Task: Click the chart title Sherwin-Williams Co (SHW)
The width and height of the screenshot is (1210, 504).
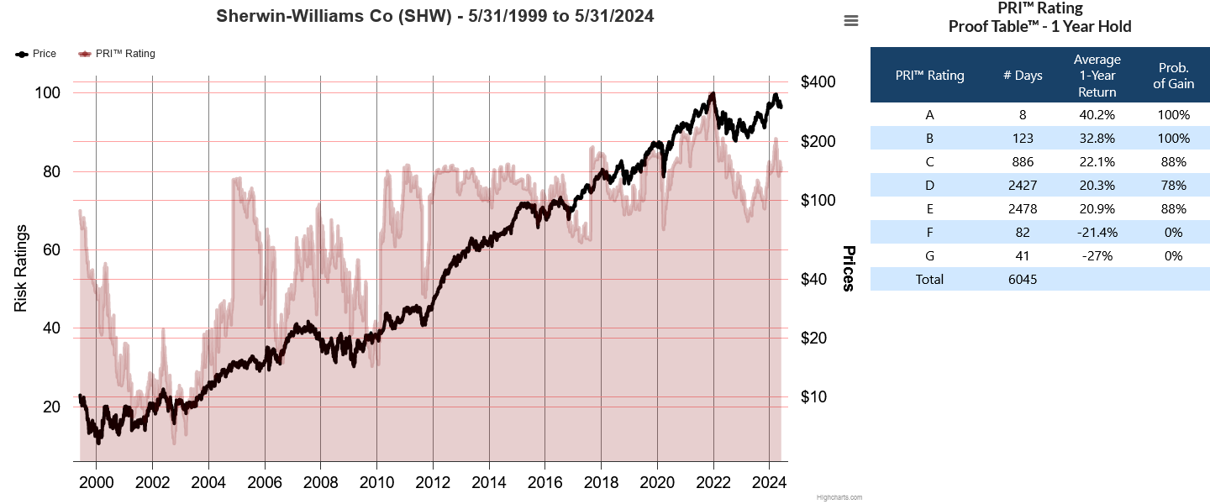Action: [x=434, y=16]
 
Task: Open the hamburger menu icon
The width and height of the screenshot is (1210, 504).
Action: [x=851, y=21]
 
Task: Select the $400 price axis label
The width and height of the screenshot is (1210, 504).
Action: [x=818, y=82]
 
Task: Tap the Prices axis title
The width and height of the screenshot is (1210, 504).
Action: [x=849, y=269]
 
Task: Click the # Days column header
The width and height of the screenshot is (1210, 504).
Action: [x=1023, y=76]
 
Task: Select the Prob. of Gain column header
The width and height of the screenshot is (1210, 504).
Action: [x=1174, y=76]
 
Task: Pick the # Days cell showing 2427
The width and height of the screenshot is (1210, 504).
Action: [x=1023, y=185]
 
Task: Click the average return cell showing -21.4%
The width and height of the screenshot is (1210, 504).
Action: [x=1097, y=232]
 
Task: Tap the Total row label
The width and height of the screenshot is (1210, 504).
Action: [x=929, y=279]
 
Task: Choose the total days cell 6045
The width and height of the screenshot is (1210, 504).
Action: [x=1023, y=279]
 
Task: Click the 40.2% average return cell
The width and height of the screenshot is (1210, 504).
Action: [x=1097, y=114]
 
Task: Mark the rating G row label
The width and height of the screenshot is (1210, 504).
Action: [x=929, y=255]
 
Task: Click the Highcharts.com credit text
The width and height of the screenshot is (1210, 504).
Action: [x=839, y=497]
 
